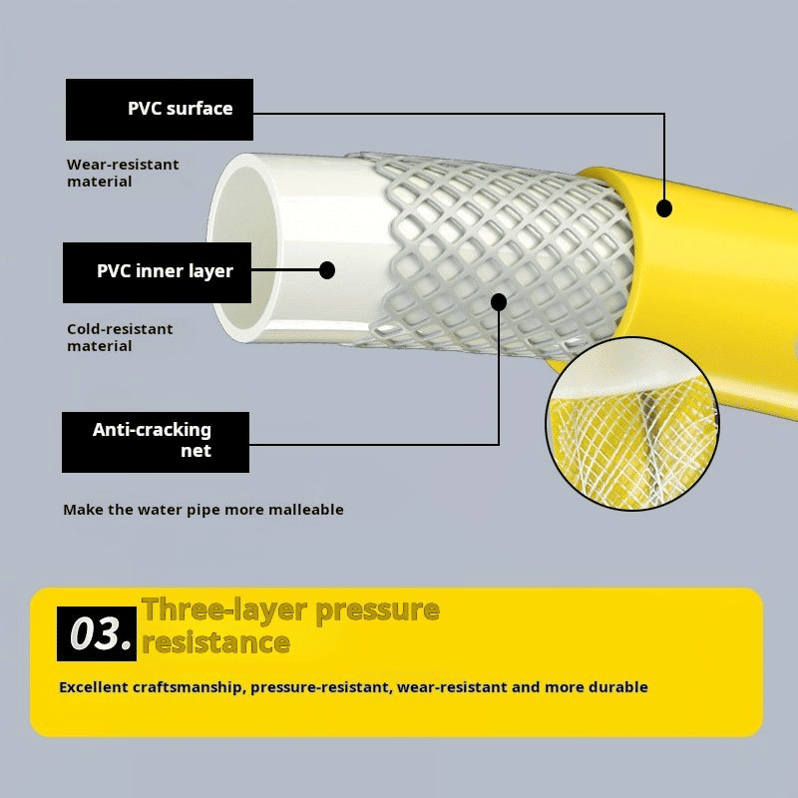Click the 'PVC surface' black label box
click(160, 110)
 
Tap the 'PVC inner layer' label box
click(157, 272)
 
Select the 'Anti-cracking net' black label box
click(156, 442)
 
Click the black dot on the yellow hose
click(664, 208)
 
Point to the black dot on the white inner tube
click(327, 270)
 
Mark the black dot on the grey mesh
click(499, 302)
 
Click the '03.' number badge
click(97, 633)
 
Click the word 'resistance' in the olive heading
click(215, 642)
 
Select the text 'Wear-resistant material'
click(123, 173)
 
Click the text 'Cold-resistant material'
click(120, 337)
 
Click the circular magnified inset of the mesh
click(632, 423)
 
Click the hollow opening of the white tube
click(244, 247)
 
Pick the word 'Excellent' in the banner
click(94, 687)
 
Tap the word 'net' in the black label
click(196, 451)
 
